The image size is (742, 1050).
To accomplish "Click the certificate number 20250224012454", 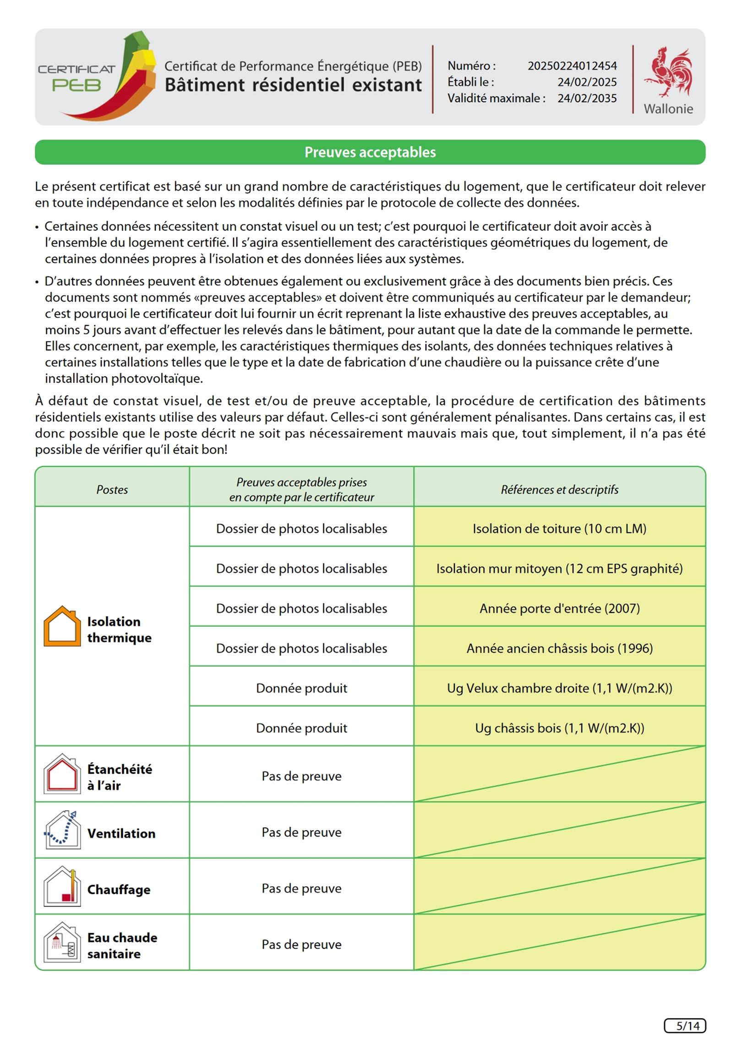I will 572,66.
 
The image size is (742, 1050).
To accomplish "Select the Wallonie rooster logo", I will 668,72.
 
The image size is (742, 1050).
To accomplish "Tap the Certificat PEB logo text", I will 76,78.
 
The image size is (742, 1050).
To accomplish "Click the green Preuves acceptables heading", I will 370,152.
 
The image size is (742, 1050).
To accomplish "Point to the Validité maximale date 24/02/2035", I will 587,98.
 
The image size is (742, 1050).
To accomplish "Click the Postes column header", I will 112,489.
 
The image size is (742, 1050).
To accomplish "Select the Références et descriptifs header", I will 559,489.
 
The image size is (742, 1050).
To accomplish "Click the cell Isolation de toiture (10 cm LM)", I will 559,529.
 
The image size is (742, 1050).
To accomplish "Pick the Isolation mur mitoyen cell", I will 559,569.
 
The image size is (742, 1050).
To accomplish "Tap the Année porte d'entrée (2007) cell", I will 559,608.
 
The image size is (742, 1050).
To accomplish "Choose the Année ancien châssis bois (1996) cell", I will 559,648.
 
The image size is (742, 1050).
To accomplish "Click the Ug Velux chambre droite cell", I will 559,688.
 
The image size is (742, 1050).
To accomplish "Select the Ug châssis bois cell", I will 559,728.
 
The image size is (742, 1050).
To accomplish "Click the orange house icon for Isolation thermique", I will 62,626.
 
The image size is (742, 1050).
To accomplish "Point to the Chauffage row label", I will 119,890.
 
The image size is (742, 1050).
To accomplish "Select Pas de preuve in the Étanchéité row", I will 301,776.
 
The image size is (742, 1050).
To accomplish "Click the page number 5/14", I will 685,1026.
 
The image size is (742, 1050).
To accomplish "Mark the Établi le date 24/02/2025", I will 587,82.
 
